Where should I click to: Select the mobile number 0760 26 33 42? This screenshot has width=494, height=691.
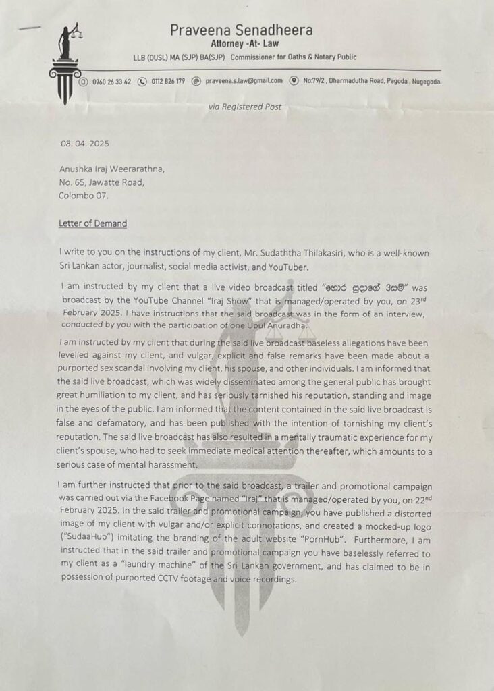coord(112,82)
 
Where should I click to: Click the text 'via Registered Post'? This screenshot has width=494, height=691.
coord(244,107)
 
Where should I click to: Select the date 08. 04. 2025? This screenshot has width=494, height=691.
coord(85,144)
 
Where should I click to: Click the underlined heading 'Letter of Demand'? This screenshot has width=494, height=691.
coord(91,224)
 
